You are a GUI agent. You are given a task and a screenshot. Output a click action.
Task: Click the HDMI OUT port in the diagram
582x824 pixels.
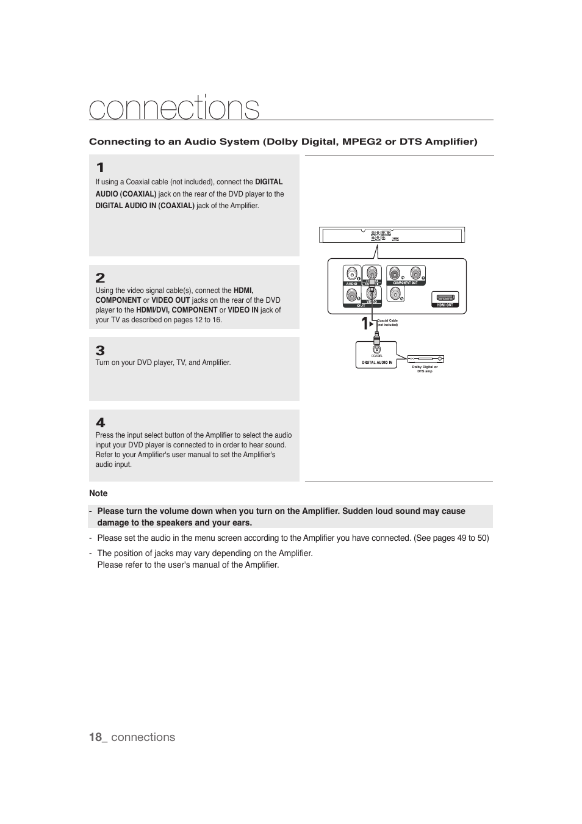[445, 298]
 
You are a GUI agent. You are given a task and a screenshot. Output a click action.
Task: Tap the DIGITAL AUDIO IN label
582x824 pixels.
[377, 363]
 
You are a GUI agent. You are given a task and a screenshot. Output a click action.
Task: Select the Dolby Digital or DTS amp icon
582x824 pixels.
[425, 359]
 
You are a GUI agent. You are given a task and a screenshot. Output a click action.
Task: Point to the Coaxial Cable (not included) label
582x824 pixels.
[387, 322]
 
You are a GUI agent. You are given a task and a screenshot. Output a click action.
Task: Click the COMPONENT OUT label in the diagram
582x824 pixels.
[405, 283]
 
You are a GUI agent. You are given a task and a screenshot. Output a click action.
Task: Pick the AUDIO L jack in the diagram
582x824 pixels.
[352, 273]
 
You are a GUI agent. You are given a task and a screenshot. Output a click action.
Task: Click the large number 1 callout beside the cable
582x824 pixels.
[364, 323]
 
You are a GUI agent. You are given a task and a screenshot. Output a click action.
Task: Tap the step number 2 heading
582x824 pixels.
[100, 278]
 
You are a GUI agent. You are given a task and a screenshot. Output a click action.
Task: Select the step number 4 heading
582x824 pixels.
[100, 422]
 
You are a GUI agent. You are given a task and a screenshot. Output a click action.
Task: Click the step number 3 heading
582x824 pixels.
[100, 350]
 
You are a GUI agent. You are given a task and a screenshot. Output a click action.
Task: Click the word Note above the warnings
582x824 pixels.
[98, 493]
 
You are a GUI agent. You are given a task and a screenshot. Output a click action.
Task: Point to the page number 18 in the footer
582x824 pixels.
[95, 737]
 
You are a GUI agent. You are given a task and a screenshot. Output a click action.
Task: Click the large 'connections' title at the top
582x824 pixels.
[174, 108]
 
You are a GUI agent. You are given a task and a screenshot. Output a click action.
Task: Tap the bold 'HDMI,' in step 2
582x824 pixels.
[243, 291]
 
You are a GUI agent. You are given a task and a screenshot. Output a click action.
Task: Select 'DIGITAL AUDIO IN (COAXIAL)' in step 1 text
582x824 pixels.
[145, 206]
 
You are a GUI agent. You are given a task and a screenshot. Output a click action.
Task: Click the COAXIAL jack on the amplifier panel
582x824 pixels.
[377, 348]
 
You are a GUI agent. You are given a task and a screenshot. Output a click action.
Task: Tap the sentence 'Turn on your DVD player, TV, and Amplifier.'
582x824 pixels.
[163, 363]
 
